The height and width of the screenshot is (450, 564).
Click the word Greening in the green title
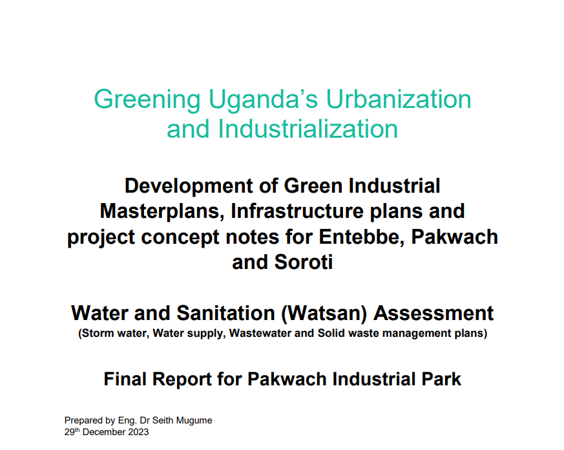(x=147, y=100)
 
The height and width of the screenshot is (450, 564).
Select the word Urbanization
(x=399, y=99)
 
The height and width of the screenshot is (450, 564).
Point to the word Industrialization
(x=308, y=129)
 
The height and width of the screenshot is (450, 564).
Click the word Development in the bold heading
(x=189, y=186)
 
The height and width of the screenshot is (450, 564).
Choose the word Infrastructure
(x=297, y=211)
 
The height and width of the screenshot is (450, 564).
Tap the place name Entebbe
(x=362, y=237)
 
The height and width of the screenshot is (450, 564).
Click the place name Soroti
(x=304, y=262)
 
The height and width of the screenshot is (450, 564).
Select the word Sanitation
(x=225, y=313)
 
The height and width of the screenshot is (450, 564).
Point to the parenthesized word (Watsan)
(x=324, y=313)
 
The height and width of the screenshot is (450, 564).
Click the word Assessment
(x=433, y=313)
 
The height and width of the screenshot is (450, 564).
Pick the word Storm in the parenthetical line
(x=93, y=333)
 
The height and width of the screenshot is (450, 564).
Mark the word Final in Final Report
(x=125, y=379)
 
